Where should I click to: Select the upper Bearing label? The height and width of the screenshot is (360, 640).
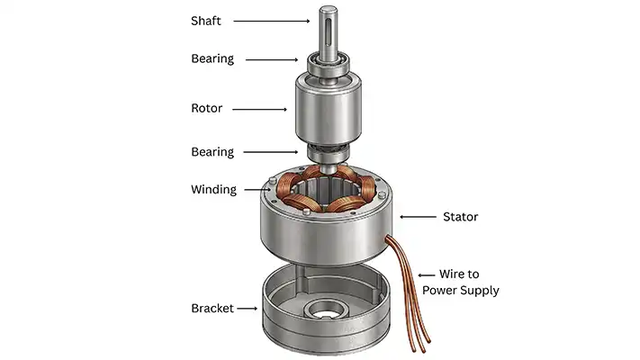point(212,59)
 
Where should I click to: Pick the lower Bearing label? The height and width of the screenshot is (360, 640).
point(212,152)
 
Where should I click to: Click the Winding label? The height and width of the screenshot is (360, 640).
point(213,190)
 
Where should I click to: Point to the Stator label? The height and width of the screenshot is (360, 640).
point(462,217)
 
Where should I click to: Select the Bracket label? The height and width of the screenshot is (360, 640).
point(212,309)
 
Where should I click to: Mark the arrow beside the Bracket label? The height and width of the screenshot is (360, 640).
point(248,309)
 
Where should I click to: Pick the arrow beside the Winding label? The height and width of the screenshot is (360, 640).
point(255,189)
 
